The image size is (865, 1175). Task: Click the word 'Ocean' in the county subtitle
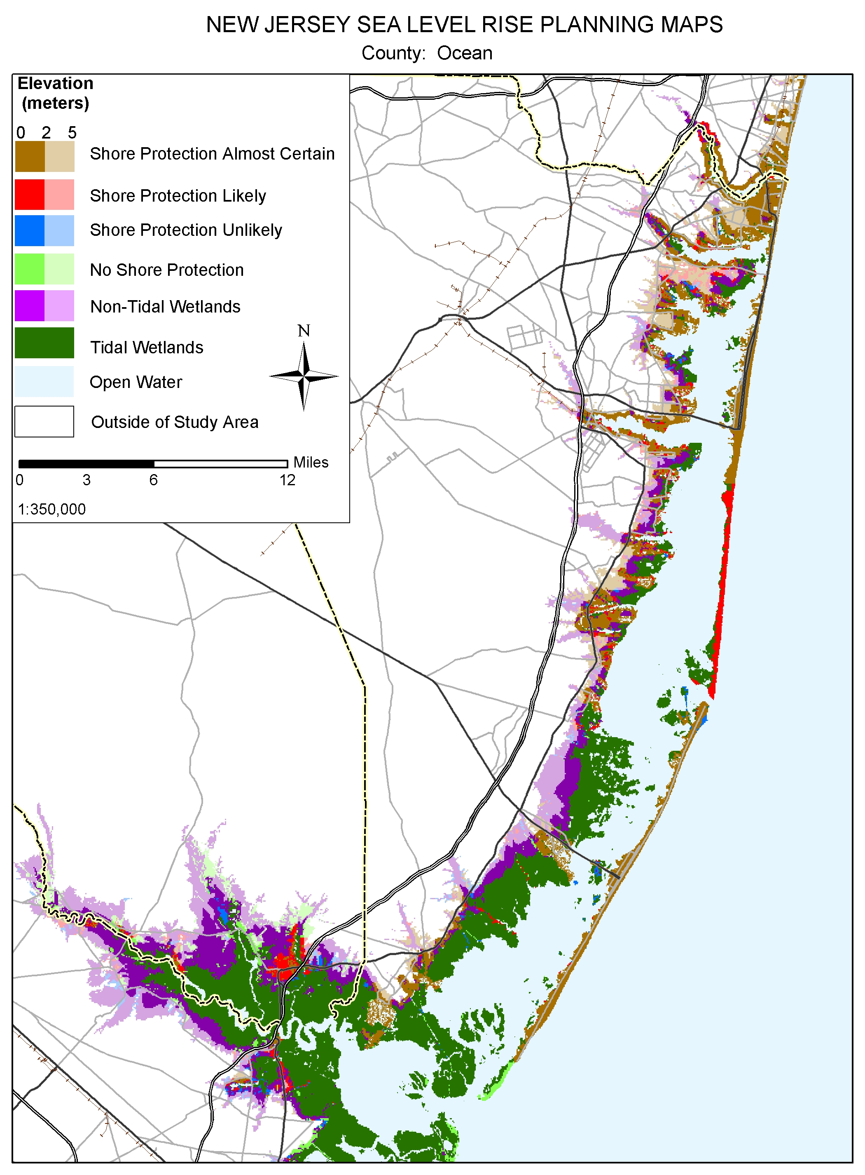click(465, 53)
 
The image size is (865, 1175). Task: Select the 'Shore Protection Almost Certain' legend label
click(212, 153)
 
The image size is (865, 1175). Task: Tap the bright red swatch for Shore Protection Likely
click(29, 195)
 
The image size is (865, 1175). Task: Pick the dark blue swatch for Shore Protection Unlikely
click(29, 230)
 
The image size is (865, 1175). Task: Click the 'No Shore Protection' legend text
click(166, 270)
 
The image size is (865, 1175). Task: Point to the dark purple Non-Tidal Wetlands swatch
click(29, 305)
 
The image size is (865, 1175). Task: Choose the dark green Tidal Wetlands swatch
click(44, 343)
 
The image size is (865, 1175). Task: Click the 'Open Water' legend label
click(136, 382)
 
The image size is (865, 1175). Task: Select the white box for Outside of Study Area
click(44, 421)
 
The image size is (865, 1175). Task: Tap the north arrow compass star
click(304, 376)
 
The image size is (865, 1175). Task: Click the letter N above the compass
click(304, 331)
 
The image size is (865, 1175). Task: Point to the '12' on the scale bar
click(287, 480)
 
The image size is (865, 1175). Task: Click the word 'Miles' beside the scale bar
click(311, 462)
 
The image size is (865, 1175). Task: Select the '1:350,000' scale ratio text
click(51, 509)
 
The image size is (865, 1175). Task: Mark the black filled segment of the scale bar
click(86, 464)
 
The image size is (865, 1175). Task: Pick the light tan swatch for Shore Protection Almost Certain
click(59, 156)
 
